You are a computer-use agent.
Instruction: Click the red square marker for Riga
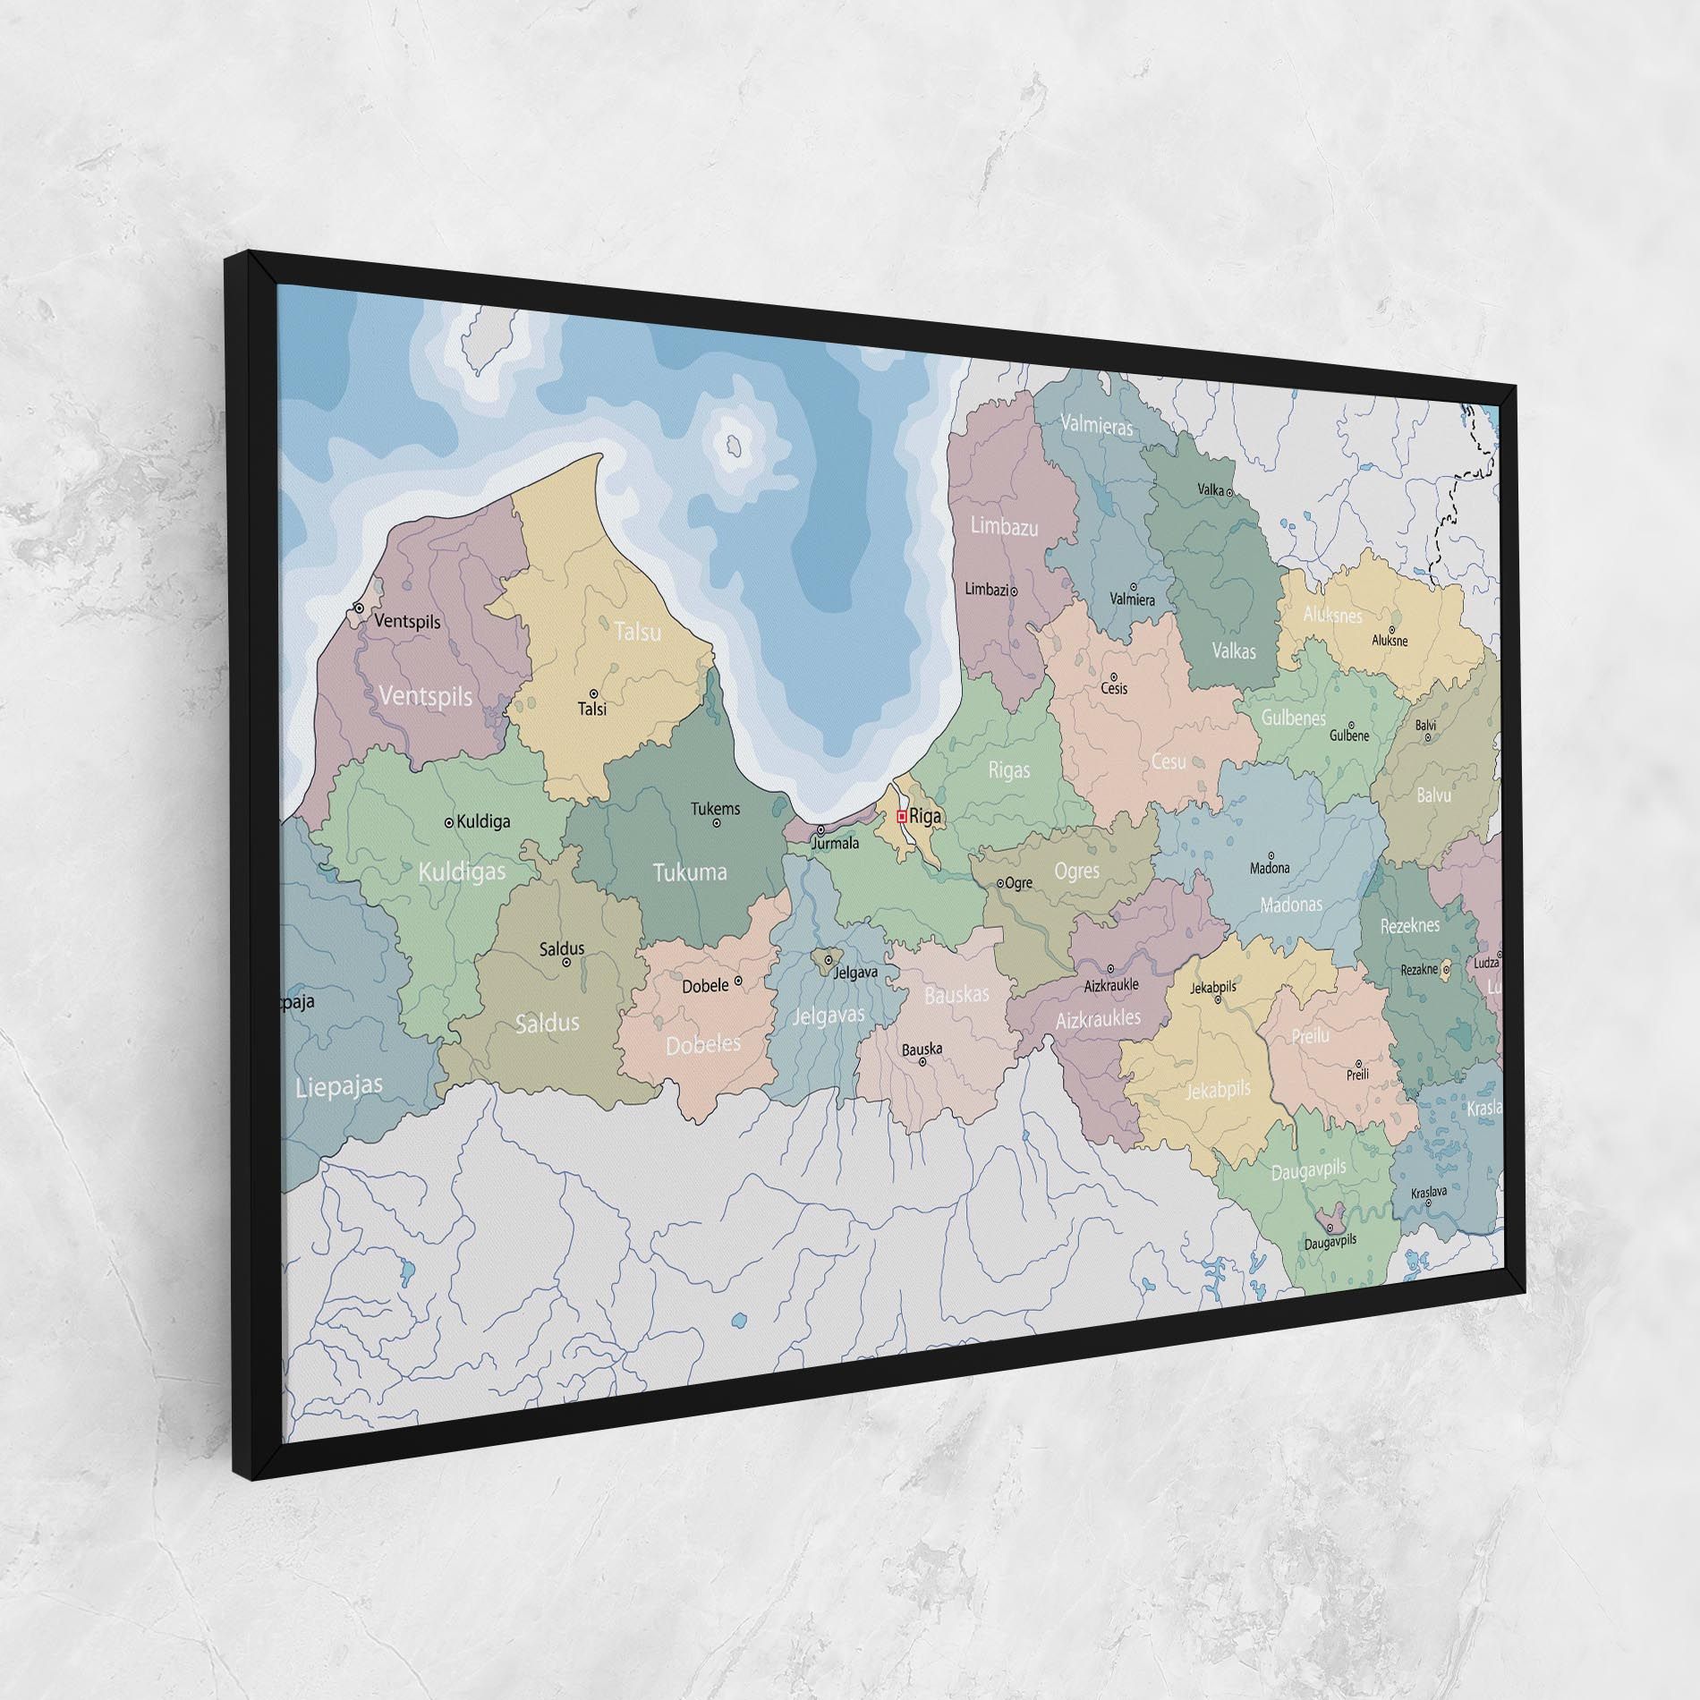click(x=901, y=816)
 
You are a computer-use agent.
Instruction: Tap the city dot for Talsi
click(x=593, y=693)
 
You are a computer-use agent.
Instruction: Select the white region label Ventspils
click(x=425, y=695)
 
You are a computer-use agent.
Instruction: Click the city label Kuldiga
click(x=483, y=821)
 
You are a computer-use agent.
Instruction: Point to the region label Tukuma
click(x=689, y=872)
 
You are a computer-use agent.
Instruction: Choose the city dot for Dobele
click(x=738, y=981)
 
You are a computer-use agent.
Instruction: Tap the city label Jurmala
click(x=834, y=843)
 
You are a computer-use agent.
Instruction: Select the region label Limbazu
click(x=1005, y=527)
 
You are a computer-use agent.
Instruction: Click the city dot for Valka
click(x=1229, y=492)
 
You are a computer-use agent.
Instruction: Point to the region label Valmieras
click(x=1097, y=425)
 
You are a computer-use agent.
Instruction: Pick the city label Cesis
click(x=1114, y=689)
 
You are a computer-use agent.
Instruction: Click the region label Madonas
click(x=1290, y=905)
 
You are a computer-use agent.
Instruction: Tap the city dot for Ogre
click(x=1000, y=883)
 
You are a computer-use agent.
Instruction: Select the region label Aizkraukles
click(x=1098, y=1018)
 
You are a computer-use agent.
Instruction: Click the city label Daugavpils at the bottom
click(x=1330, y=1242)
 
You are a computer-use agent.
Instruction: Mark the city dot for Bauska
click(x=922, y=1062)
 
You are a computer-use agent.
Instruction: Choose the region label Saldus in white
click(x=548, y=1023)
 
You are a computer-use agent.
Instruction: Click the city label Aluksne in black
click(x=1390, y=641)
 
